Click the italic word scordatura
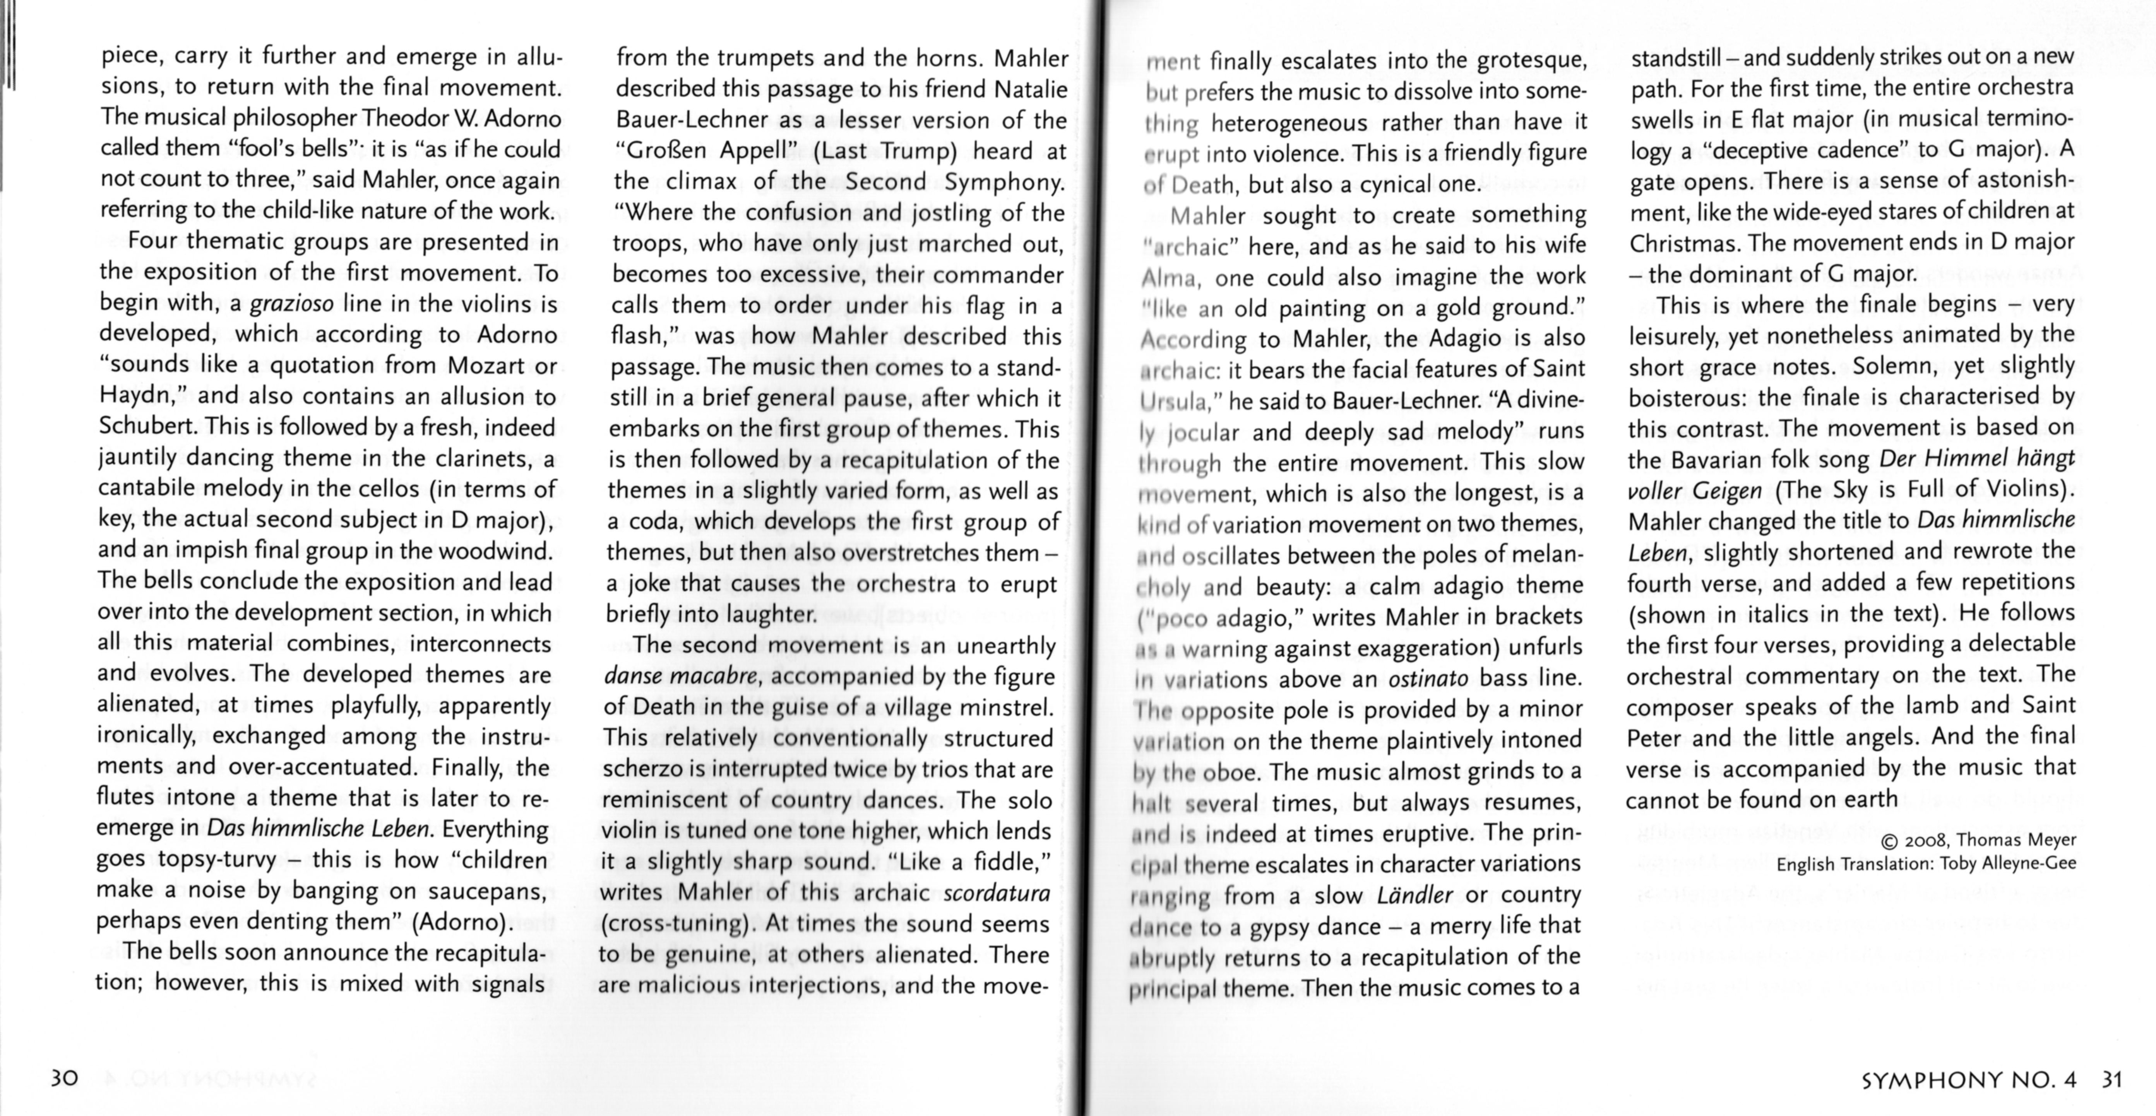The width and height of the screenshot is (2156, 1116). [996, 893]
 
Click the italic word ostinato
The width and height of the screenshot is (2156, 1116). [1428, 678]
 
